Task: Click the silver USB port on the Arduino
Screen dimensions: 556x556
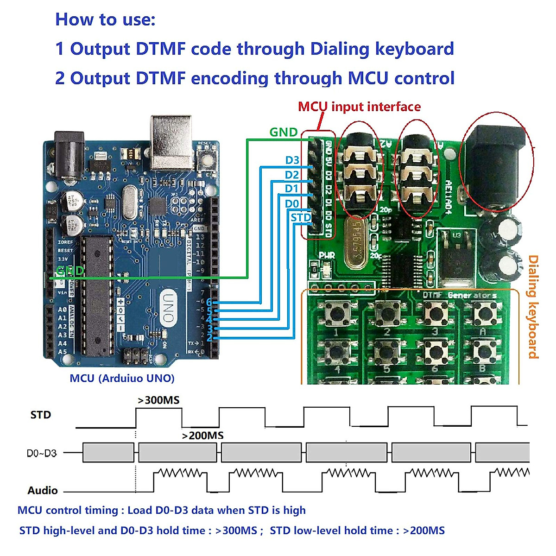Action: pyautogui.click(x=171, y=141)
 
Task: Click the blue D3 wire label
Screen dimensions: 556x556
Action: pyautogui.click(x=292, y=160)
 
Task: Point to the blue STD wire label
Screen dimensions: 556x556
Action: pyautogui.click(x=301, y=217)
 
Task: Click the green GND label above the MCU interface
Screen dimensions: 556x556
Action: pyautogui.click(x=283, y=132)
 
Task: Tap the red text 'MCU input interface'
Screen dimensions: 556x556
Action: pyautogui.click(x=359, y=107)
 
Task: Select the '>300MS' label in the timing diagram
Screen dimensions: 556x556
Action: pyautogui.click(x=158, y=400)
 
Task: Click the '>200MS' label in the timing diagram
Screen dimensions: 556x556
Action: pyautogui.click(x=202, y=436)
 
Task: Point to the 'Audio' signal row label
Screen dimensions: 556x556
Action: pyautogui.click(x=43, y=490)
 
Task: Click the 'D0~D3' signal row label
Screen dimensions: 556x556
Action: pyautogui.click(x=42, y=453)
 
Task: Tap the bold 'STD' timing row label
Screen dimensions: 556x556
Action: pyautogui.click(x=41, y=415)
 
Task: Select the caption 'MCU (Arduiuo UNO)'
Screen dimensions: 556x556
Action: pyautogui.click(x=122, y=378)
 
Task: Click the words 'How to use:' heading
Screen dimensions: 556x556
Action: pyautogui.click(x=105, y=19)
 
